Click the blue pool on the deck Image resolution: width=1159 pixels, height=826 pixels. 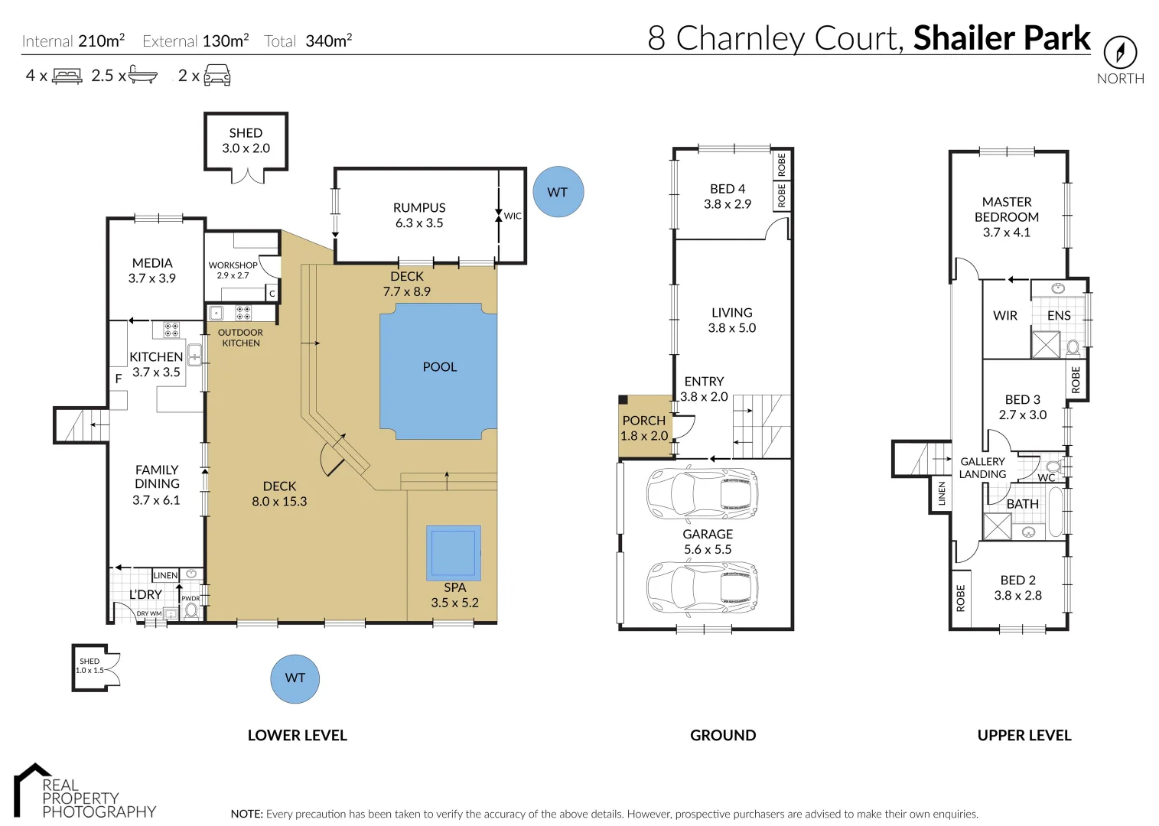click(x=439, y=371)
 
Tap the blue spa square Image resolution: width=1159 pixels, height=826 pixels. click(x=453, y=553)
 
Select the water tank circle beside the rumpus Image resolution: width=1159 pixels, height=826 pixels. click(x=558, y=192)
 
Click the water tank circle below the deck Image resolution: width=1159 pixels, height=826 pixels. click(x=295, y=678)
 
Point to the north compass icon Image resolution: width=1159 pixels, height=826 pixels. click(x=1120, y=52)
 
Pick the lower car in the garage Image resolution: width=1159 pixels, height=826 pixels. click(x=702, y=588)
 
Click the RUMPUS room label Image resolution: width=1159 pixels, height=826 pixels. click(x=419, y=207)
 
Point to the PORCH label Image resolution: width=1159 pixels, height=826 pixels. click(x=643, y=421)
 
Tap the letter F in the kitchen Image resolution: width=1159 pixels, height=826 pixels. click(x=119, y=379)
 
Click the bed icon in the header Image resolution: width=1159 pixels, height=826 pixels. click(x=67, y=76)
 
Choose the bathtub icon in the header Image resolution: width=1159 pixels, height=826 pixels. click(x=142, y=75)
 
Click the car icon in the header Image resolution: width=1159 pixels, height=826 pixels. click(x=217, y=75)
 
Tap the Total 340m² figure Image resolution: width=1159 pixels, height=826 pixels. click(x=308, y=41)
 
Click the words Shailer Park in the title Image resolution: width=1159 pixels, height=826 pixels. click(x=1001, y=37)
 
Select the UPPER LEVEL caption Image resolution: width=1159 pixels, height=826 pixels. click(x=1024, y=735)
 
